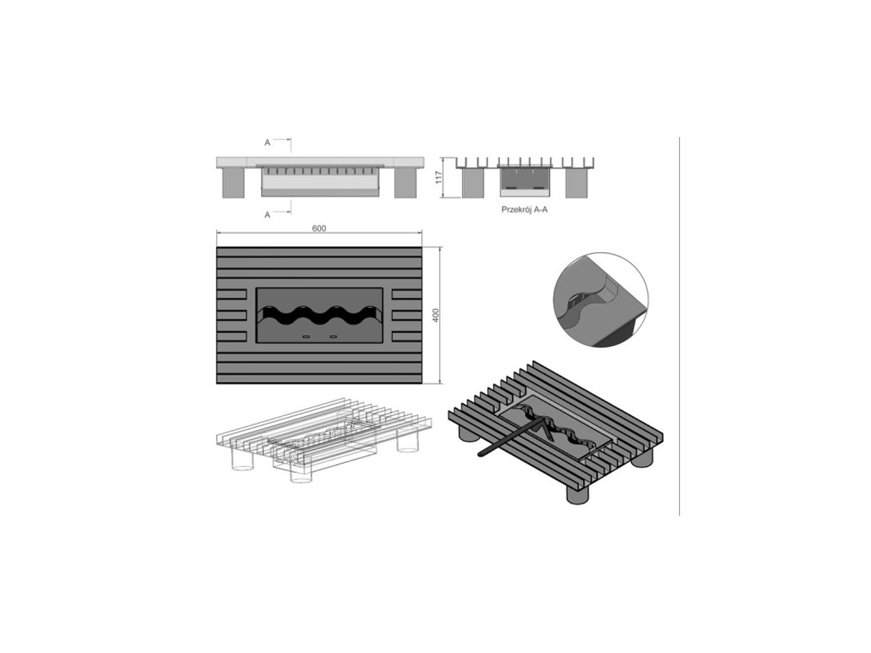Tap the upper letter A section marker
point(267,142)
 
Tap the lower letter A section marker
point(267,215)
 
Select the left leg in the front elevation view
point(232,183)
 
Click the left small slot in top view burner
point(306,337)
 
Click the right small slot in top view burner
point(333,337)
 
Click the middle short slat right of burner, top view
point(406,315)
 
